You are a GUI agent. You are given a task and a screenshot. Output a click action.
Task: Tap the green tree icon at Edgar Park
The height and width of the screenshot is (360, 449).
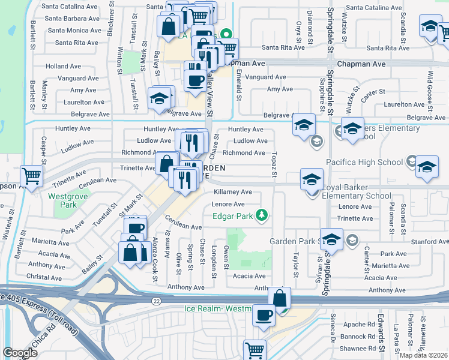[261, 215]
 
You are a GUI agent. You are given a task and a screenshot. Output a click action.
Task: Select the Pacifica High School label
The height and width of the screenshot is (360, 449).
[364, 162]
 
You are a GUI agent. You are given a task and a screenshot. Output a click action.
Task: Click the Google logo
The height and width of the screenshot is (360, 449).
[20, 353]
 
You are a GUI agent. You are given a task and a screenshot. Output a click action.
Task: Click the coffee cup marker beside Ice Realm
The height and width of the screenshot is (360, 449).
[264, 315]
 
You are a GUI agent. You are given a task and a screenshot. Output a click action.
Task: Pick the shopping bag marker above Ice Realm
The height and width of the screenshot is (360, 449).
[280, 298]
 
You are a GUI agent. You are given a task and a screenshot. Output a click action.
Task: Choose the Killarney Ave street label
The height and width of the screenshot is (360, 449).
[233, 191]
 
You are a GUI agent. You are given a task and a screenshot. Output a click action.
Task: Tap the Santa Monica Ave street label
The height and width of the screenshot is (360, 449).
[74, 31]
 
